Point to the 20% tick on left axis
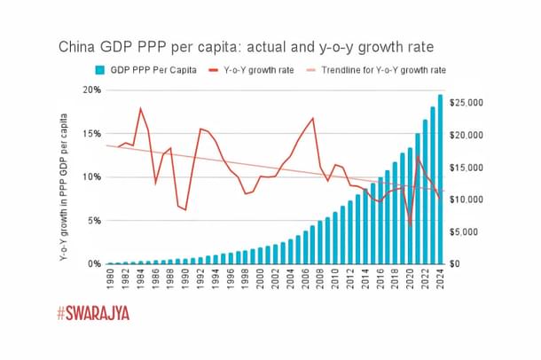tap(90, 90)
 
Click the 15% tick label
tap(90, 134)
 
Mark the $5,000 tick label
tap(469, 231)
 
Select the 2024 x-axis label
tap(441, 280)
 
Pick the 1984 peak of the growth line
tap(140, 108)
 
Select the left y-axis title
tap(64, 176)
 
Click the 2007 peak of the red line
tap(313, 119)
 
